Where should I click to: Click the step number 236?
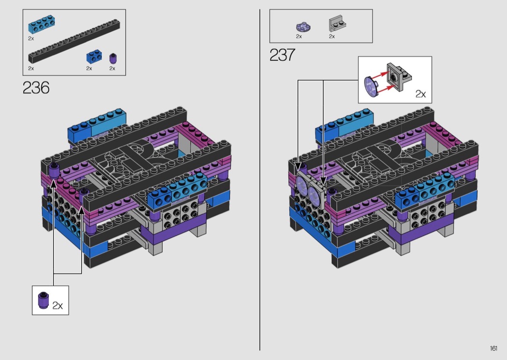[x=36, y=87]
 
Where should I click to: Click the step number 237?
[x=282, y=55]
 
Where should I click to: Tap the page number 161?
[x=493, y=348]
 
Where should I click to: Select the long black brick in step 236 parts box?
[x=74, y=41]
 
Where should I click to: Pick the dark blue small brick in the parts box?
[x=94, y=56]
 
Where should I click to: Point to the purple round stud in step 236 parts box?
[x=113, y=58]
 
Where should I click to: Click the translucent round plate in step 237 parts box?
[x=303, y=27]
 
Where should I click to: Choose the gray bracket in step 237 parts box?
[x=337, y=24]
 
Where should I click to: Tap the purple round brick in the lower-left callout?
[x=43, y=300]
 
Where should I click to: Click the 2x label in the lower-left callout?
[x=57, y=305]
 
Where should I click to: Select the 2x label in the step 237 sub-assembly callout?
[x=421, y=94]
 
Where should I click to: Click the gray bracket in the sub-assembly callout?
[x=399, y=77]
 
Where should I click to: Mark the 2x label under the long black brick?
[x=31, y=69]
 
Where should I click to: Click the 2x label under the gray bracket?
[x=332, y=37]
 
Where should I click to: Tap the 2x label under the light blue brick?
[x=31, y=39]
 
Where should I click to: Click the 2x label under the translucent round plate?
[x=299, y=37]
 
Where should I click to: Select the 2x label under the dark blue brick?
[x=89, y=69]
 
